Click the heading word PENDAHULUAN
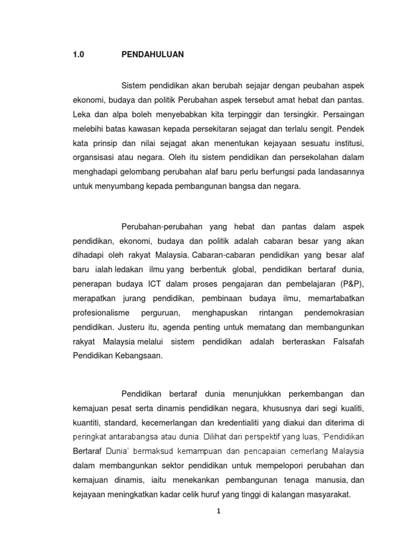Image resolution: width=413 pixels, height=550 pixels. [x=153, y=54]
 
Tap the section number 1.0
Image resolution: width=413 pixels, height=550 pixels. [x=79, y=54]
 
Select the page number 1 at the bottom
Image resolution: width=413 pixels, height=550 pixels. [x=218, y=511]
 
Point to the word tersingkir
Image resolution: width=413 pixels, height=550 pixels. [x=302, y=114]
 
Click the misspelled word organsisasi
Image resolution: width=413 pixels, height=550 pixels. [x=97, y=158]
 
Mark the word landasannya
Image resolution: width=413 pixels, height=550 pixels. [x=338, y=172]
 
